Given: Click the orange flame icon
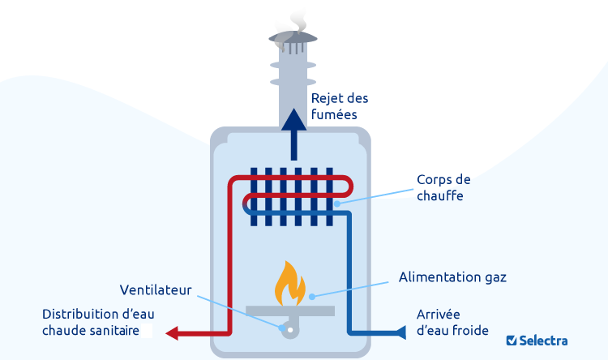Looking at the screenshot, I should pos(290,283).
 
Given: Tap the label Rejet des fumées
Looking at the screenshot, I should pos(339,106).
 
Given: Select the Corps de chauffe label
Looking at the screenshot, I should pos(443,188).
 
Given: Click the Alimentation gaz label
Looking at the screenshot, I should pos(452,277).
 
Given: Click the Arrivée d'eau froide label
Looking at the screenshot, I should pos(452,322).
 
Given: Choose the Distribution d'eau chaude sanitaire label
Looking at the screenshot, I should pos(98,322).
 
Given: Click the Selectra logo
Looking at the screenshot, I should pos(536,341).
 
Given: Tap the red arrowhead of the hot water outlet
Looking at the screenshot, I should pos(172,332).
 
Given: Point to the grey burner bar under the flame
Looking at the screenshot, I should pos(290,310).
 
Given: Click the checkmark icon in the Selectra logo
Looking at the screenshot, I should pos(512,341).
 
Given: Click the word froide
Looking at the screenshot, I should pos(470,331).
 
